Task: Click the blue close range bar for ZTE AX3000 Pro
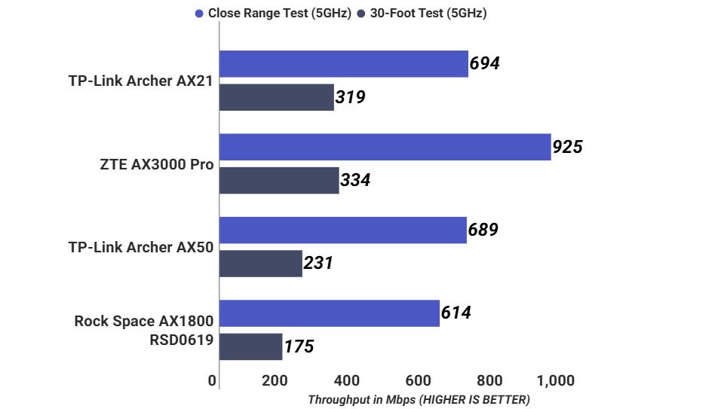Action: click(385, 147)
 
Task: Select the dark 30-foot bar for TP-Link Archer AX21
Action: click(276, 97)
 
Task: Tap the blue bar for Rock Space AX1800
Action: click(329, 313)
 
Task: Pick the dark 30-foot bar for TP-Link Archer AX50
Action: click(260, 264)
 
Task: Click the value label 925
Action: click(567, 147)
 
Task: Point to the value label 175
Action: click(299, 347)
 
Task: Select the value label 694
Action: click(484, 64)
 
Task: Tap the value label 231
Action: click(318, 264)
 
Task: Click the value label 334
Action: click(354, 181)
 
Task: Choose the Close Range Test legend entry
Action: click(279, 13)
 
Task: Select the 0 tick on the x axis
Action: click(212, 380)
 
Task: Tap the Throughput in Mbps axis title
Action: click(419, 400)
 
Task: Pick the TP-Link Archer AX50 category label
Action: click(140, 247)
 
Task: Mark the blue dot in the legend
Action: click(199, 14)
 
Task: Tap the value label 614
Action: click(456, 313)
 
